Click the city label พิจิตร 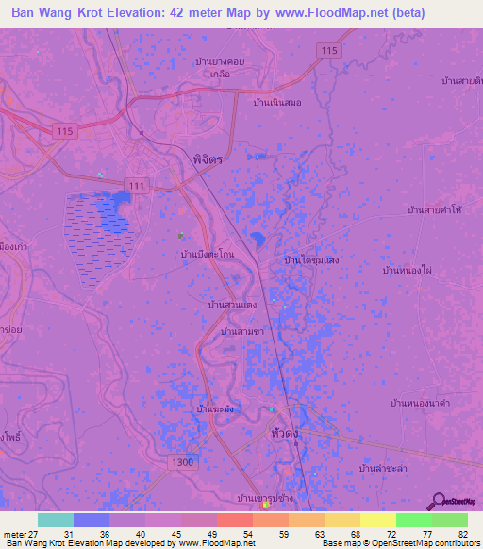[206, 160]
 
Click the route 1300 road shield [184, 463]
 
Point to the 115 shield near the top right [328, 50]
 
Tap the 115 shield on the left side [63, 130]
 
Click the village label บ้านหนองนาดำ [418, 402]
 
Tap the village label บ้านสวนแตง [232, 306]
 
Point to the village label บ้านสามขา [242, 332]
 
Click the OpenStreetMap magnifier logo [440, 501]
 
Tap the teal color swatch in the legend [56, 520]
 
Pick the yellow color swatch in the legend [378, 520]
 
